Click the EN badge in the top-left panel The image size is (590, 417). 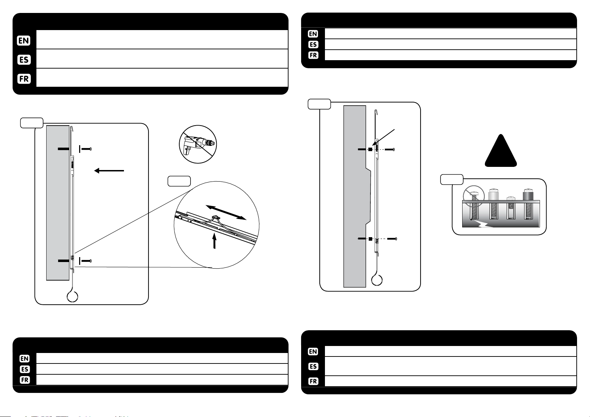[24, 41]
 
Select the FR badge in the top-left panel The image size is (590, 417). [24, 79]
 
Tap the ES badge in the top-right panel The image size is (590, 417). [313, 44]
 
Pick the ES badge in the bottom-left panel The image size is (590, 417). [25, 369]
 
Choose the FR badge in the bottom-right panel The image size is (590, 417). [313, 381]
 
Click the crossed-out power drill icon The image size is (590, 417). [198, 144]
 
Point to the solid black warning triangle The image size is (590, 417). [501, 151]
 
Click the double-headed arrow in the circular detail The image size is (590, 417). [226, 212]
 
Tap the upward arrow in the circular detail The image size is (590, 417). [214, 240]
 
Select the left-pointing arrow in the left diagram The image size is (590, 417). [109, 171]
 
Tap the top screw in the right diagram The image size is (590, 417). [390, 149]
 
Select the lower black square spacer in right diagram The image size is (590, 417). [370, 239]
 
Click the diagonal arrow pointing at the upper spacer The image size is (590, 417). [383, 137]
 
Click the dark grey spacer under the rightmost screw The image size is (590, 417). [528, 196]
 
